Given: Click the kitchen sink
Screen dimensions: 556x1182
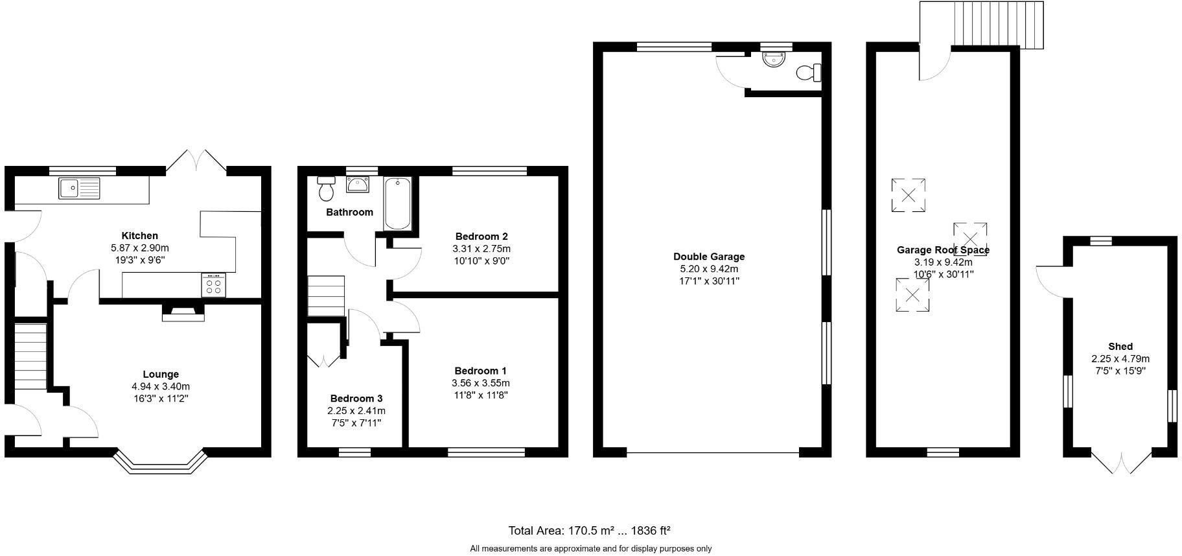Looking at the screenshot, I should pos(79,188).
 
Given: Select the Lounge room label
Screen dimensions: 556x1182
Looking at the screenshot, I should pos(161,374).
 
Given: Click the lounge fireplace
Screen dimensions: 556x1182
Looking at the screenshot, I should pos(183,314).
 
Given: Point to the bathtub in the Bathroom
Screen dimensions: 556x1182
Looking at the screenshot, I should pos(397,203).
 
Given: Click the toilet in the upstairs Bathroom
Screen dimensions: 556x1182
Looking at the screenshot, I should pos(326,188).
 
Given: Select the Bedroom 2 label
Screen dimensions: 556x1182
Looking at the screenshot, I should pos(481,236).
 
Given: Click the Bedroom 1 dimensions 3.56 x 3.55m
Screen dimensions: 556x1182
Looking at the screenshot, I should pos(481,383).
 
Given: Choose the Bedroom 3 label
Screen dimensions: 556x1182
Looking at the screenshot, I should pos(356,399).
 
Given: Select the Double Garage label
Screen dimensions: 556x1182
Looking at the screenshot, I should pos(709,257).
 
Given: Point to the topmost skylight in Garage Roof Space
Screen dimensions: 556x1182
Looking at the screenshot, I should pos(908,195).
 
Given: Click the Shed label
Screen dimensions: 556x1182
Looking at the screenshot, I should pos(1120,347).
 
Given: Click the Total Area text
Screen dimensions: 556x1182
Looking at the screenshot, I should pos(589,531).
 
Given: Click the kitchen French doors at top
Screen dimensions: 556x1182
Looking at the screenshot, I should pos(196,161).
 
